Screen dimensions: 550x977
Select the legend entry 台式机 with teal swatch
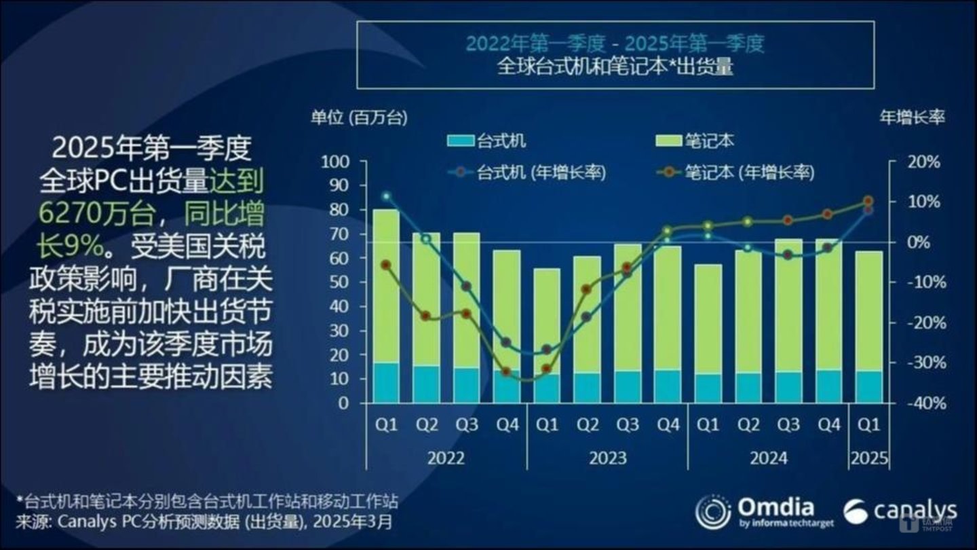tap(486, 141)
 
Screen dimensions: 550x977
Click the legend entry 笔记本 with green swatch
tap(695, 141)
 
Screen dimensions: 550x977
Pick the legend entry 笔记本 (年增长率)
tap(737, 172)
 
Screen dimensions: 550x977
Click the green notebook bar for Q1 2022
tap(386, 285)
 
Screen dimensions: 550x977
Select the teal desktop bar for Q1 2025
tap(868, 386)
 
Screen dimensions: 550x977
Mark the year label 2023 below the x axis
tap(607, 458)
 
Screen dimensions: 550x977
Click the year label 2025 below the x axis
tap(868, 458)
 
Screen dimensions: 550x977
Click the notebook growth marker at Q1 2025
tap(868, 201)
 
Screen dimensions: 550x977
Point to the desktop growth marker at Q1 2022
tap(386, 196)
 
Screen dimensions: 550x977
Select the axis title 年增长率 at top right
tap(912, 117)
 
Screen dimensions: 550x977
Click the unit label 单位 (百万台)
tap(359, 117)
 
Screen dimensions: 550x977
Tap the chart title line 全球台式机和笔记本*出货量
tap(615, 67)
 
